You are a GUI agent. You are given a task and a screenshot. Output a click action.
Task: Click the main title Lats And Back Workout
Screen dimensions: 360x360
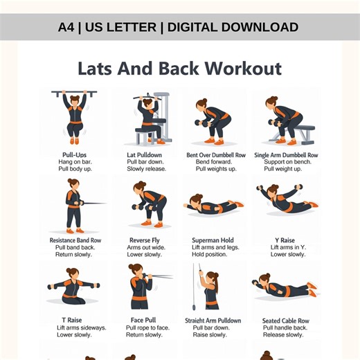[179, 69]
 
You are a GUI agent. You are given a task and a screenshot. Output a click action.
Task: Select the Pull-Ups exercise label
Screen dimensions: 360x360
[73, 155]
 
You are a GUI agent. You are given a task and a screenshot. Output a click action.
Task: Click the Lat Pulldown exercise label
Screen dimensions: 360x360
[145, 155]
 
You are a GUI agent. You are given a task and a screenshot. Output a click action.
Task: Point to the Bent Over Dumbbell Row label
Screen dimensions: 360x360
[216, 155]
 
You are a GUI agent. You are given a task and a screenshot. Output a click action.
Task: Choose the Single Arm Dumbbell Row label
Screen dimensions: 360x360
[286, 155]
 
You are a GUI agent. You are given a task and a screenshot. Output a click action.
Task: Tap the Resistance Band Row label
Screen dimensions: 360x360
[75, 241]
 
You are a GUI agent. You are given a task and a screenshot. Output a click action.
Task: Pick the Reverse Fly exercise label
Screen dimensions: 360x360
[145, 241]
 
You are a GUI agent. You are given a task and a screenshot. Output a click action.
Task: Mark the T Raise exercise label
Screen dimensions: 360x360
[73, 320]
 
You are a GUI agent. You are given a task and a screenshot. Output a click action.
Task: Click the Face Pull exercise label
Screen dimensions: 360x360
[145, 321]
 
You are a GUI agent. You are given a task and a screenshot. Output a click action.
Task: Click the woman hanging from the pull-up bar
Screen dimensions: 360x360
[74, 114]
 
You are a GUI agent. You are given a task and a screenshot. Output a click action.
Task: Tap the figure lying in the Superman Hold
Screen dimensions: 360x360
[214, 205]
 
